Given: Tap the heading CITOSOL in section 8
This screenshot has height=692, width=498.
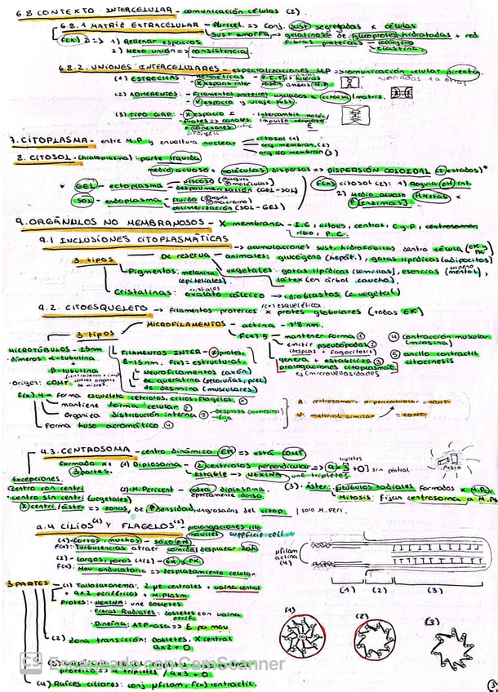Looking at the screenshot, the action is click(x=40, y=155).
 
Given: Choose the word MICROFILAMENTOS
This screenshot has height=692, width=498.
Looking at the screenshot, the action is click(x=180, y=324).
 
